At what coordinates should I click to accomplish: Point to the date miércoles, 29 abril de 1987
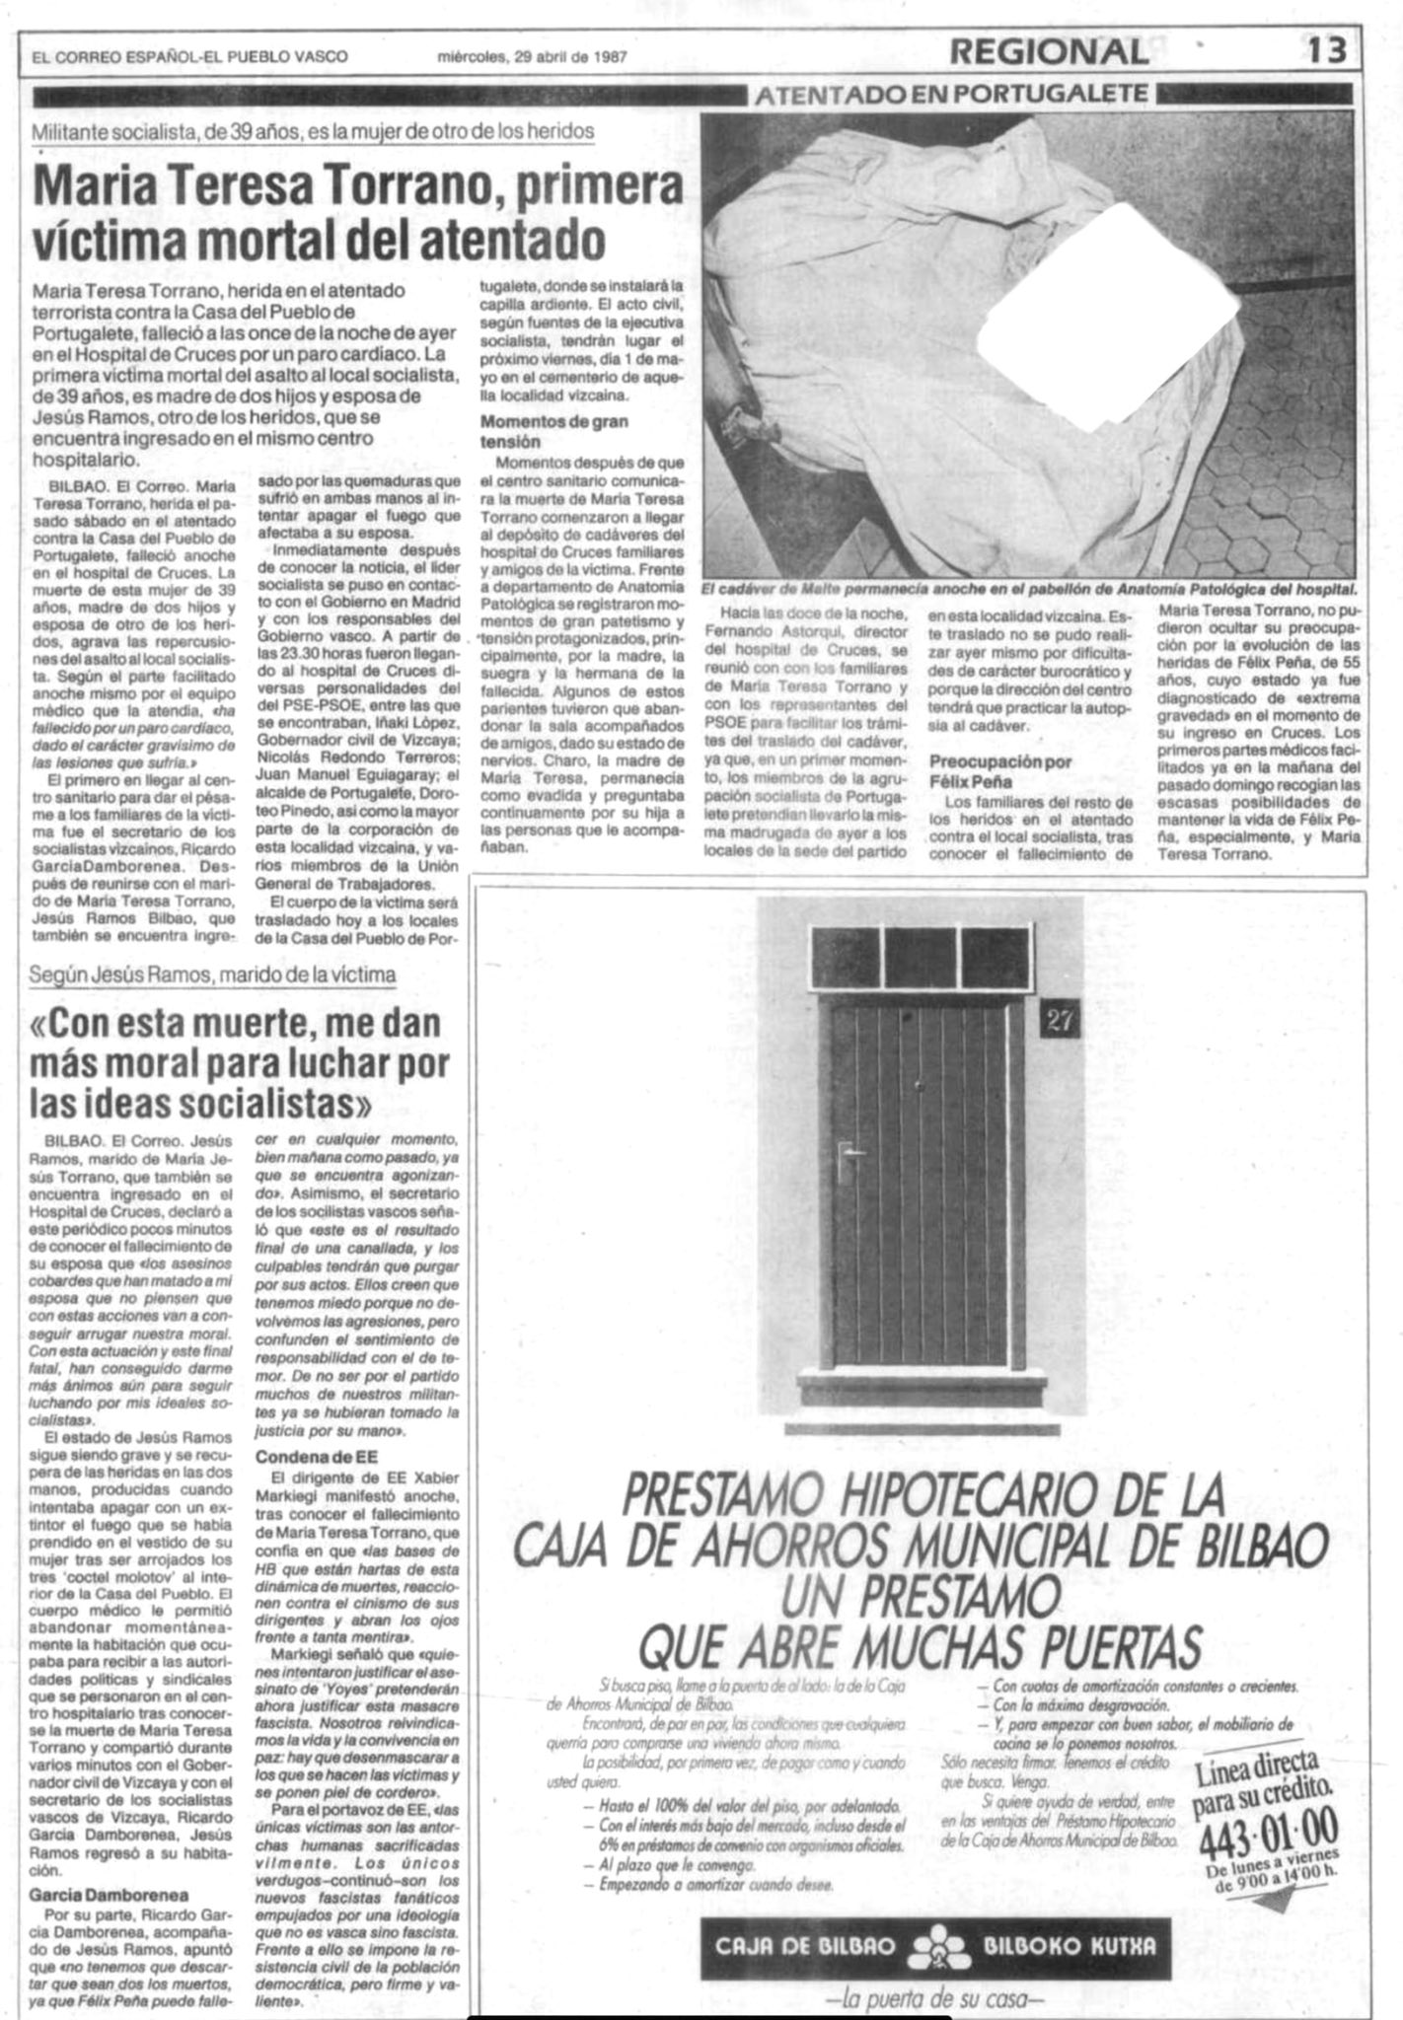[x=533, y=57]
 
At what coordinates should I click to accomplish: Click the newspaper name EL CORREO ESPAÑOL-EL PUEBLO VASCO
[x=189, y=57]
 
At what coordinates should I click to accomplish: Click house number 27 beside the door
[x=1059, y=1022]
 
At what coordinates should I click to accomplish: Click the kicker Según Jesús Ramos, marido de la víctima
[x=213, y=974]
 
